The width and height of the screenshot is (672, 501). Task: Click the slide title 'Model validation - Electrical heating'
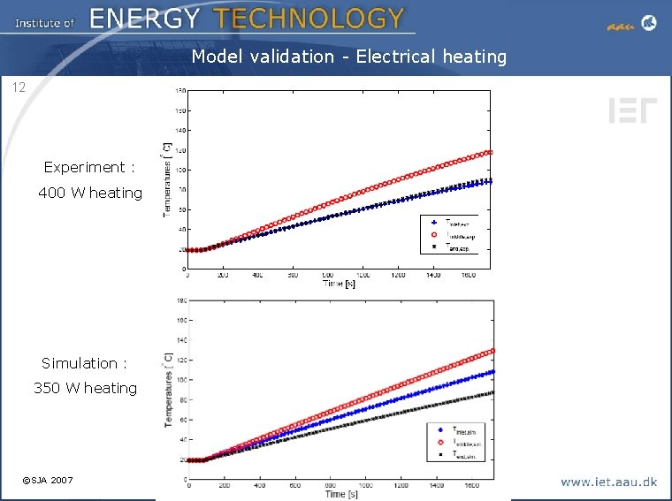pos(349,57)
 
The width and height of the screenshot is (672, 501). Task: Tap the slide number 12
pos(19,87)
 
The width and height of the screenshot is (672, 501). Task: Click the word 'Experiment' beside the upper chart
pos(85,167)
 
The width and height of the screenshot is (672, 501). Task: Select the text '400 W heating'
pos(90,193)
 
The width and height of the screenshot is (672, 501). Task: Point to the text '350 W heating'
pos(86,388)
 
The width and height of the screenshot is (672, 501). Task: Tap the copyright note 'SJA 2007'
pos(52,480)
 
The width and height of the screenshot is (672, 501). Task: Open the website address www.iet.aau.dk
pos(608,482)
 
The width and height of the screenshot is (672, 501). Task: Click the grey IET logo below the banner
pos(632,110)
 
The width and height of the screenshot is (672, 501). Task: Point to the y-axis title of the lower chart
pos(168,391)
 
